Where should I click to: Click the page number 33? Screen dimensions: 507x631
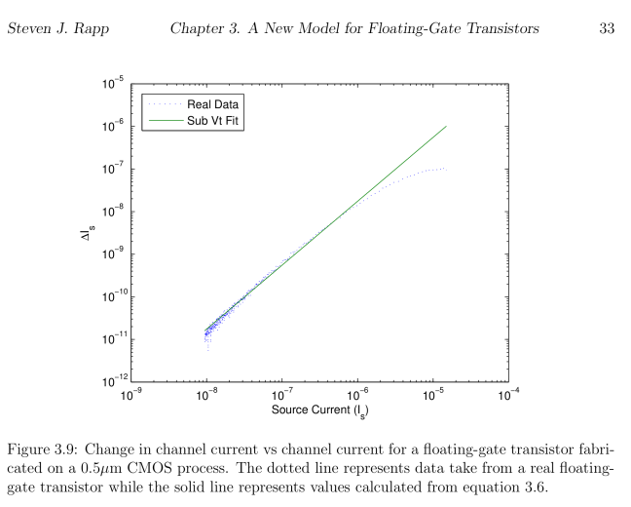click(x=607, y=29)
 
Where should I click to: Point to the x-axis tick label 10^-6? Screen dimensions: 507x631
click(x=357, y=396)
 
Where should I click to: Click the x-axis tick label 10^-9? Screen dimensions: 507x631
click(x=130, y=396)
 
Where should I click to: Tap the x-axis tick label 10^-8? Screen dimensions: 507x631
click(x=205, y=396)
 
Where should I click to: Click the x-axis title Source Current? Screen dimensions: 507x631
click(x=318, y=410)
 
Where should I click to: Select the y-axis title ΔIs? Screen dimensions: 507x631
click(x=88, y=233)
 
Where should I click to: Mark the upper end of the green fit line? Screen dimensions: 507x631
click(x=446, y=126)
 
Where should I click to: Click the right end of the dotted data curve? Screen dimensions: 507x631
click(x=446, y=169)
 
